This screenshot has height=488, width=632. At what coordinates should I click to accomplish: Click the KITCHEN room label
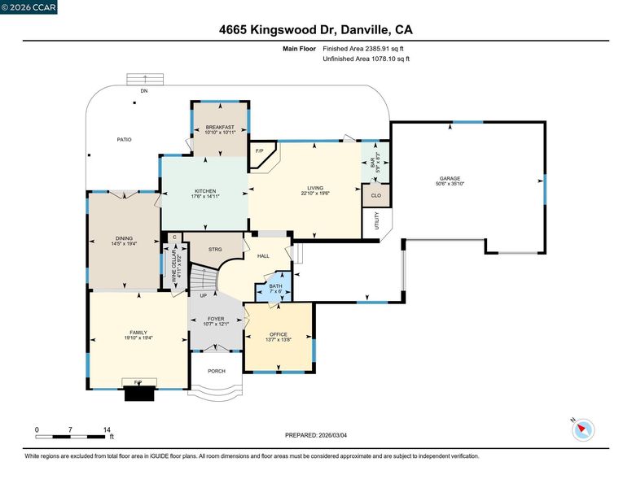(205, 191)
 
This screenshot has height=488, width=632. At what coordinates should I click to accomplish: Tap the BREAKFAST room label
(220, 127)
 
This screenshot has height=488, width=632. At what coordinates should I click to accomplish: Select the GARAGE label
(450, 178)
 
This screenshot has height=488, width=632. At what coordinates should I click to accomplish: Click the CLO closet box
(376, 196)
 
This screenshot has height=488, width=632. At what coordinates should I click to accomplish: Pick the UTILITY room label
(377, 220)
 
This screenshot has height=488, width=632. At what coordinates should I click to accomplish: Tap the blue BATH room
(274, 286)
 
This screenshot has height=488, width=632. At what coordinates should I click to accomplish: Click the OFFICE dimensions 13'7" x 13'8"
(279, 339)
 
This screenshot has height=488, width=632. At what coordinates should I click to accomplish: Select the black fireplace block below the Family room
(139, 394)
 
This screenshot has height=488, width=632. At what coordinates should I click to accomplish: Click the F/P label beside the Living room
(259, 151)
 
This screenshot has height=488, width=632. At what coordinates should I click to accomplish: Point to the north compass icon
(583, 429)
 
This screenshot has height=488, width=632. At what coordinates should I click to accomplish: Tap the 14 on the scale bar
(107, 429)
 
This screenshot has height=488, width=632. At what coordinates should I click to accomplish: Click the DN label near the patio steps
(144, 91)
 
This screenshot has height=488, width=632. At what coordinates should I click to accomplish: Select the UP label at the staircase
(203, 295)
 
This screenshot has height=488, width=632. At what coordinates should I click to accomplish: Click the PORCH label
(217, 371)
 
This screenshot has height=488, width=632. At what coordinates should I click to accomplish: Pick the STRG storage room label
(215, 250)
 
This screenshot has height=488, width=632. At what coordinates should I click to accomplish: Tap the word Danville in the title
(364, 30)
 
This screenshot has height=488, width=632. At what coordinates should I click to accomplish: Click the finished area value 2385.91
(379, 49)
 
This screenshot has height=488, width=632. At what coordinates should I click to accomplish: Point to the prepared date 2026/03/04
(333, 435)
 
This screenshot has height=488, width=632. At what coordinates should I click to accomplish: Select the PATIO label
(124, 140)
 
